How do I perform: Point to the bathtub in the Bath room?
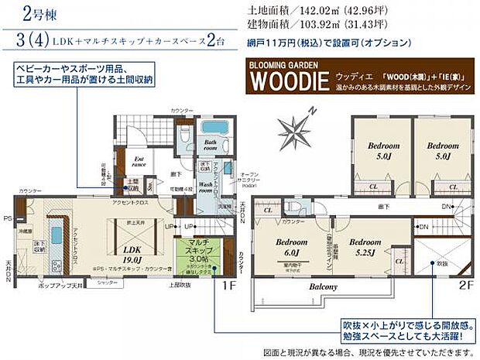pos(210,127)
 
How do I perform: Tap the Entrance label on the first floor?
pos(139,162)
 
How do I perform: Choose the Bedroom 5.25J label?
pos(364,247)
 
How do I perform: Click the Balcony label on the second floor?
pos(324,287)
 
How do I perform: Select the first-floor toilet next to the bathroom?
pos(183,133)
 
